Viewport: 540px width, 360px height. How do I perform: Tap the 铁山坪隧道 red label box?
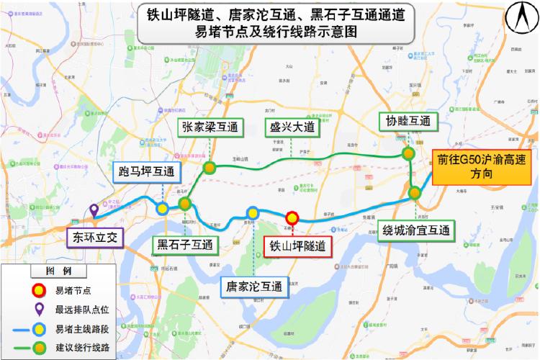(297, 246)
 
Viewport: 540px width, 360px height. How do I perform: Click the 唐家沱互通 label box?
(253, 285)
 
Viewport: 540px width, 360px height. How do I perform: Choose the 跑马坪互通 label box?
(148, 172)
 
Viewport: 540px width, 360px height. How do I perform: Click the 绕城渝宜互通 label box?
(415, 230)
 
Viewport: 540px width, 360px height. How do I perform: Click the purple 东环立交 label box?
(94, 235)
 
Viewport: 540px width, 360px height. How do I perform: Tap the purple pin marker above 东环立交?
(94, 212)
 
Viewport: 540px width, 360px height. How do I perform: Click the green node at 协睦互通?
(408, 153)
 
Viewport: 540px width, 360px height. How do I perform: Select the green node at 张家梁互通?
(210, 168)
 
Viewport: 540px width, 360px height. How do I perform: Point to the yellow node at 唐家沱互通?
(253, 212)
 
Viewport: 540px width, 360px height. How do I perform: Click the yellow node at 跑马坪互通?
(163, 208)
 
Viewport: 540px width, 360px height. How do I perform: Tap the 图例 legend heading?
(58, 271)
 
